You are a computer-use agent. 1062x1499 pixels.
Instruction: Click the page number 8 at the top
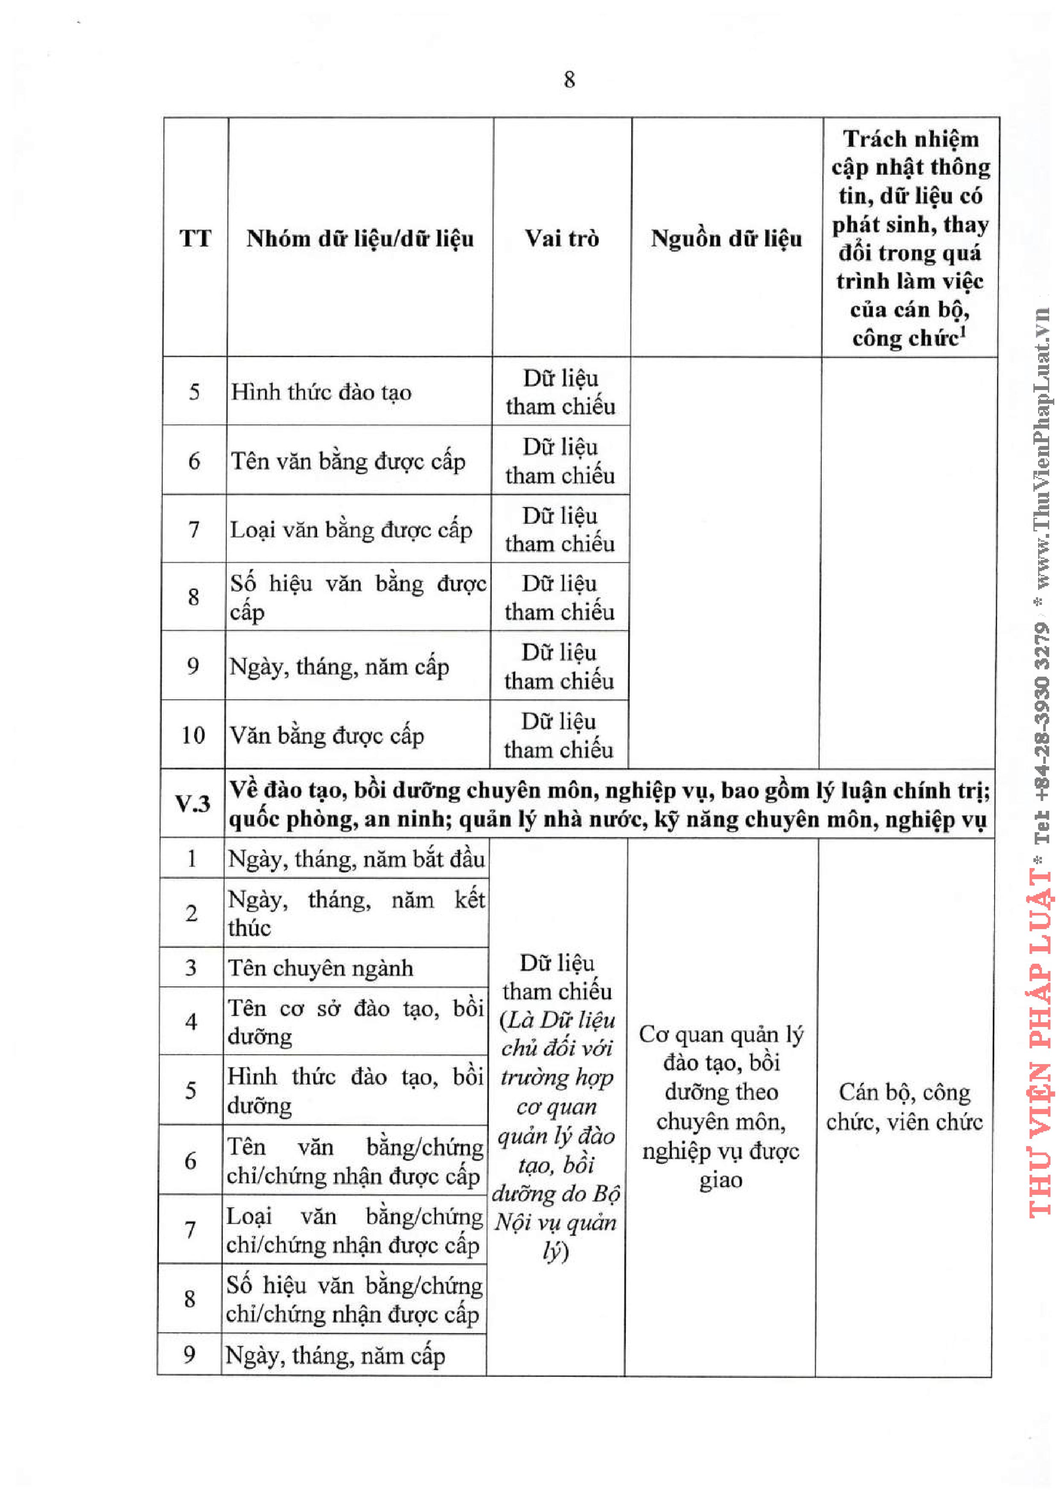pyautogui.click(x=569, y=80)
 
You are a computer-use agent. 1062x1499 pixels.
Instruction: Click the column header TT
pyautogui.click(x=195, y=238)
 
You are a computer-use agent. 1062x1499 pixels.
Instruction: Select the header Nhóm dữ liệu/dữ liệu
pyautogui.click(x=360, y=239)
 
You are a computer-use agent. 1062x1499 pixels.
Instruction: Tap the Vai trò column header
pyautogui.click(x=562, y=238)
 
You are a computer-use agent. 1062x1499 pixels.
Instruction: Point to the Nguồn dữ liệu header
pyautogui.click(x=726, y=239)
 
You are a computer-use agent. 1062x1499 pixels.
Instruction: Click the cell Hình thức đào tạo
pyautogui.click(x=321, y=392)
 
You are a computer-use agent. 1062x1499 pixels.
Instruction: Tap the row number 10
pyautogui.click(x=193, y=735)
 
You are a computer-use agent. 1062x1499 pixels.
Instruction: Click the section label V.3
pyautogui.click(x=192, y=804)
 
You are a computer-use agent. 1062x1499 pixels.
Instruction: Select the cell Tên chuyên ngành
pyautogui.click(x=321, y=968)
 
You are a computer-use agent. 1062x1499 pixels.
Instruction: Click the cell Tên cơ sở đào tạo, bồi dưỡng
pyautogui.click(x=355, y=1022)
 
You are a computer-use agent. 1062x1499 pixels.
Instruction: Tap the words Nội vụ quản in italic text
pyautogui.click(x=555, y=1222)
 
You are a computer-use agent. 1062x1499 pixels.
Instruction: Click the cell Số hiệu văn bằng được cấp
pyautogui.click(x=358, y=597)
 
